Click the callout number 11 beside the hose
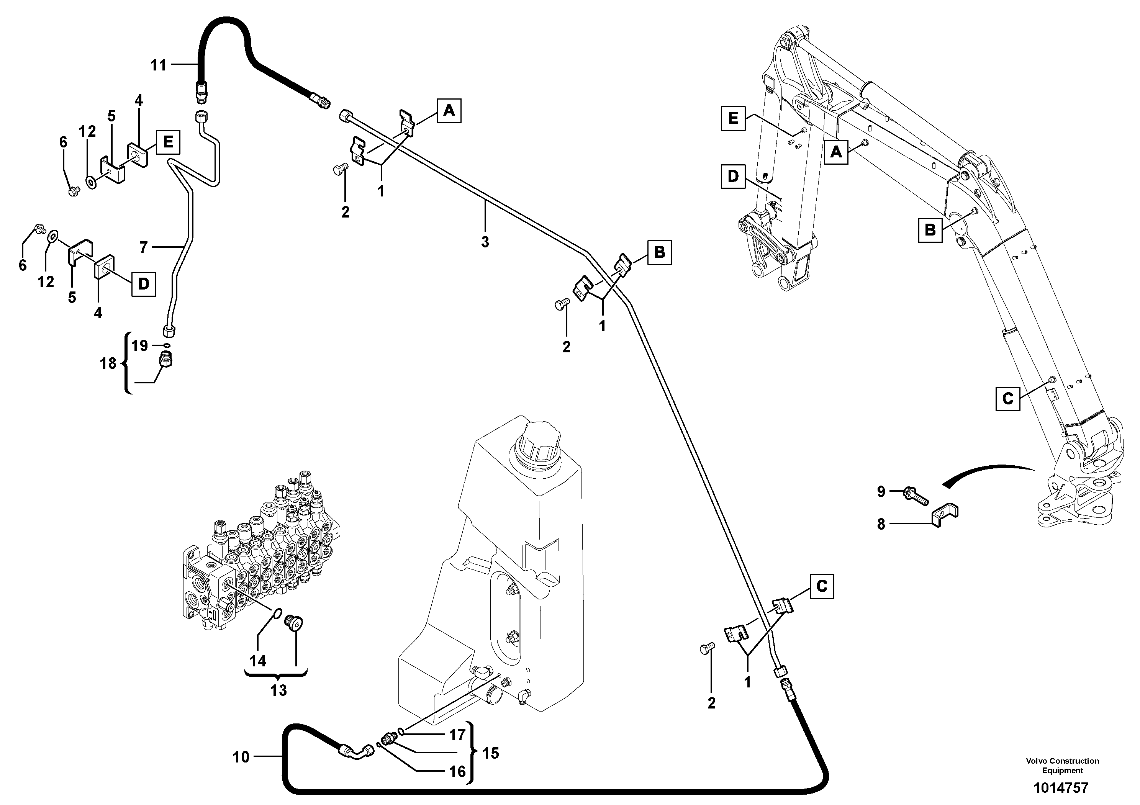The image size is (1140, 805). pyautogui.click(x=158, y=65)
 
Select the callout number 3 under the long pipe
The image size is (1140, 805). pyautogui.click(x=485, y=242)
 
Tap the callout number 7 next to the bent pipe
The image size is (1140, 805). pyautogui.click(x=144, y=247)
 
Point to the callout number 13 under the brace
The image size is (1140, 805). pyautogui.click(x=278, y=690)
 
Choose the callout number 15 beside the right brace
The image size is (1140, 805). pyautogui.click(x=491, y=753)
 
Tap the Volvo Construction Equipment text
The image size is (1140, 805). pyautogui.click(x=1063, y=765)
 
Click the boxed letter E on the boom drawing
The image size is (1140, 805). pyautogui.click(x=733, y=119)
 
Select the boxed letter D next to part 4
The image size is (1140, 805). pyautogui.click(x=144, y=284)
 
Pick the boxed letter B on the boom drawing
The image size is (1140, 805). pyautogui.click(x=930, y=230)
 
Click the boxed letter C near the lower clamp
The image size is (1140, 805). pyautogui.click(x=822, y=587)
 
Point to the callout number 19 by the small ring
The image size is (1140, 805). pyautogui.click(x=140, y=345)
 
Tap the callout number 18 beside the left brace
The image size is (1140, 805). pyautogui.click(x=108, y=364)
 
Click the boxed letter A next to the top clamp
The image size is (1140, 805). pyautogui.click(x=449, y=111)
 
